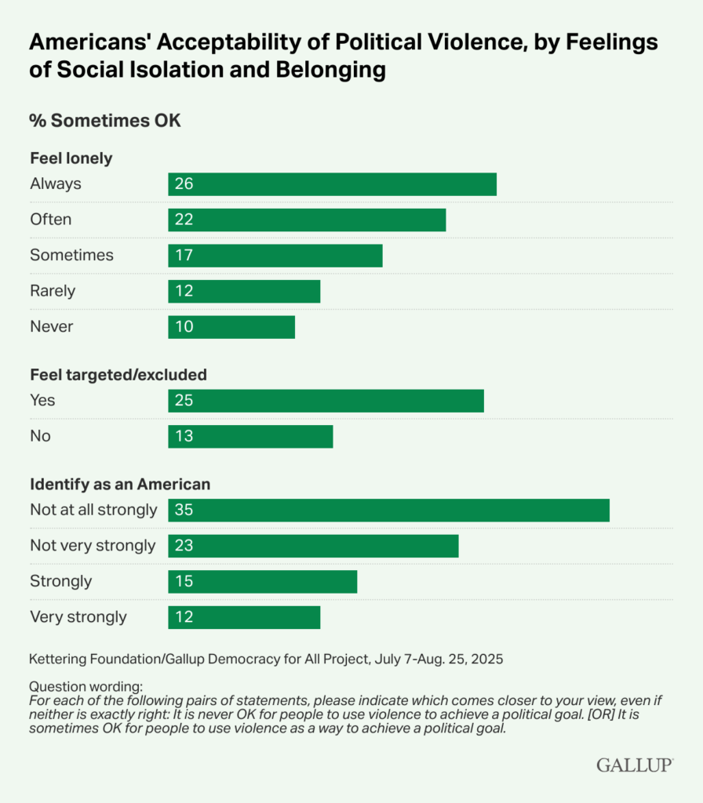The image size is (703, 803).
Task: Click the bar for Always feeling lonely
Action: pyautogui.click(x=332, y=184)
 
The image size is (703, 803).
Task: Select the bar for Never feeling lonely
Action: pyautogui.click(x=231, y=327)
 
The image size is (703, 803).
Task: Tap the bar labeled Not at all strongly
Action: pyautogui.click(x=388, y=510)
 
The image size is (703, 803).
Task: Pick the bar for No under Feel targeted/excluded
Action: pyautogui.click(x=250, y=436)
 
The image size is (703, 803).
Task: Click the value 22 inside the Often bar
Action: pyautogui.click(x=184, y=220)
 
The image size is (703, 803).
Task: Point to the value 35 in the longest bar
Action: pyautogui.click(x=184, y=510)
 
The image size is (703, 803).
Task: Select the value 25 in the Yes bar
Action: pyautogui.click(x=184, y=401)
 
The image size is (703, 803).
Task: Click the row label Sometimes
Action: pyautogui.click(x=71, y=255)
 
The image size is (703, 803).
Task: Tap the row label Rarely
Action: pyautogui.click(x=53, y=291)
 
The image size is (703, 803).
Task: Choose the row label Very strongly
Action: pyautogui.click(x=78, y=617)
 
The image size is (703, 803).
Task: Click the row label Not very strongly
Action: pyautogui.click(x=93, y=545)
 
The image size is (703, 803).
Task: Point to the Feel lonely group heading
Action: pyautogui.click(x=71, y=158)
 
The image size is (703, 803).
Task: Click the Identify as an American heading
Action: pyautogui.click(x=120, y=485)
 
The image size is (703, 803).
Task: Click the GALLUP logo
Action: pyautogui.click(x=634, y=765)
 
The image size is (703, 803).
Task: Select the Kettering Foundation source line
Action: pyautogui.click(x=266, y=659)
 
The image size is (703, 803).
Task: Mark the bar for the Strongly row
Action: pyautogui.click(x=262, y=582)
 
